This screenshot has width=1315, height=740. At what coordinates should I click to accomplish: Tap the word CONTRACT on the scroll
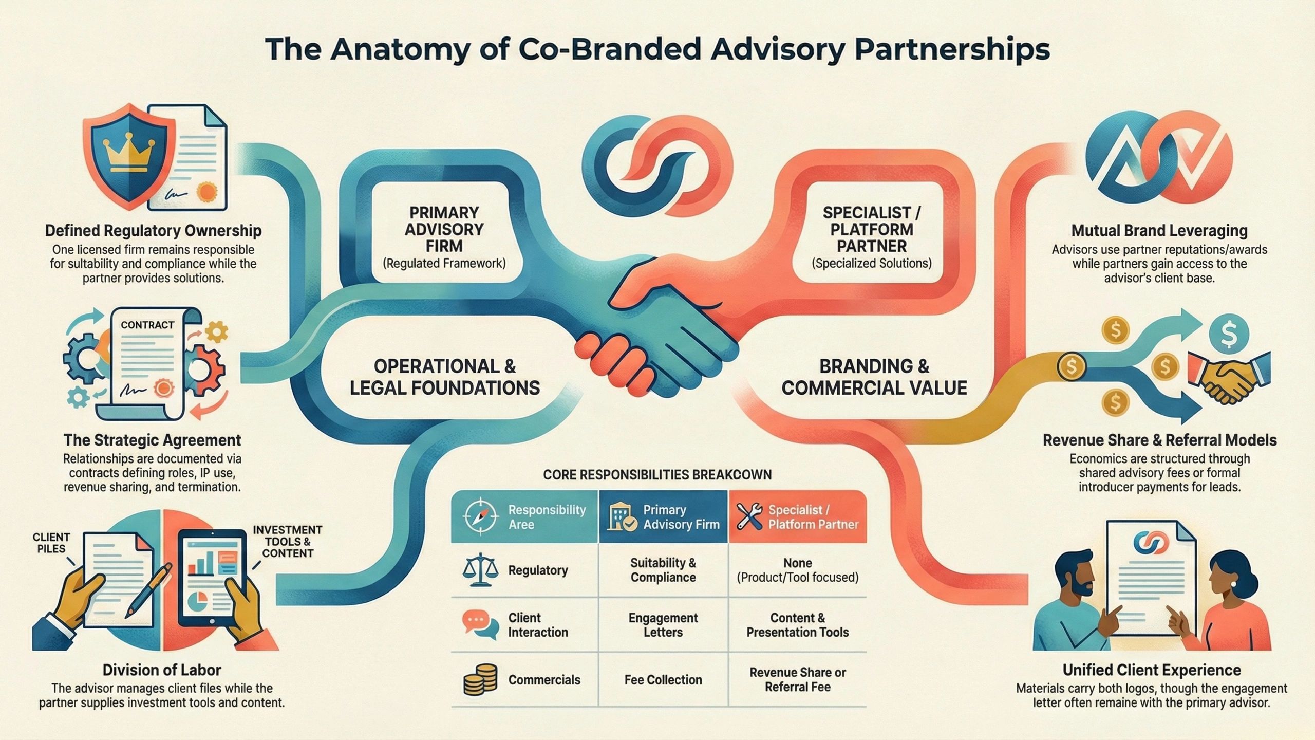tap(147, 325)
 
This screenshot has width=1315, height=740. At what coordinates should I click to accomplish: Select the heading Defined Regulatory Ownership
tap(153, 231)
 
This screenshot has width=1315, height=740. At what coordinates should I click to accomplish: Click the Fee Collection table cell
tap(663, 680)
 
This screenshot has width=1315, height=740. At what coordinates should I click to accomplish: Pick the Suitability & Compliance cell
tap(663, 570)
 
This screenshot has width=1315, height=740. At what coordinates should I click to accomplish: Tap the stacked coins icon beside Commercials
tap(480, 679)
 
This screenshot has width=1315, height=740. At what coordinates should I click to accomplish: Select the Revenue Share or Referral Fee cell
tap(797, 679)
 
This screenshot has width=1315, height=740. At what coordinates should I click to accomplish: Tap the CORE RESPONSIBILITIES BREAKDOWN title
tap(657, 474)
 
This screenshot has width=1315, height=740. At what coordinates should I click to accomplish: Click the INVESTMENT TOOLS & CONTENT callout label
tap(287, 541)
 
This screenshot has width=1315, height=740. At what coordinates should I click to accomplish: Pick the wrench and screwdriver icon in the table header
tap(748, 516)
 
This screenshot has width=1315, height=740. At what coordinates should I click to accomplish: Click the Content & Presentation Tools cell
tap(797, 625)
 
